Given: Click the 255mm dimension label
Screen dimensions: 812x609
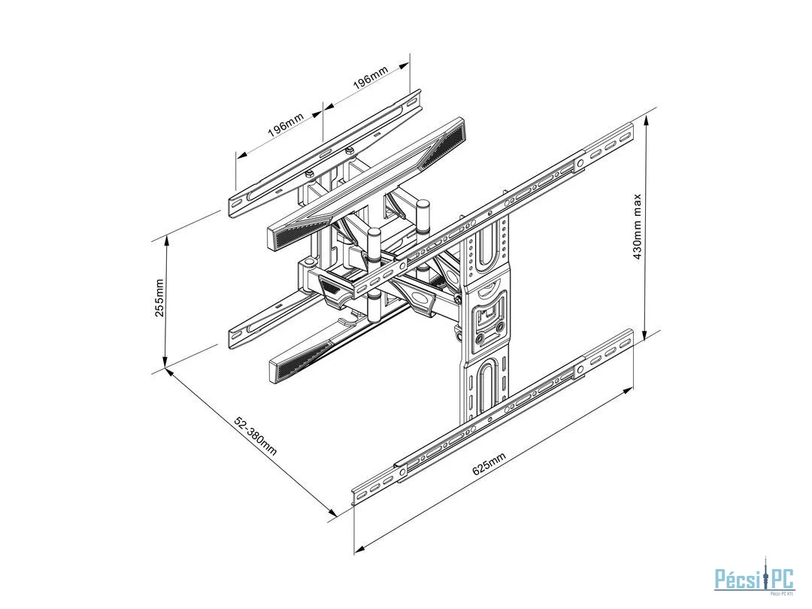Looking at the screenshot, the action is coord(159,298).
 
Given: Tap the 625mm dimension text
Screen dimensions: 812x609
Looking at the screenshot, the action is coord(489,463).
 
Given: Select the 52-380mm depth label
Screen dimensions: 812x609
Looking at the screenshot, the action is coord(256,435).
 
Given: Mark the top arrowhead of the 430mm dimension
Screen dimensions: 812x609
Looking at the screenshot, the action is coord(646,121).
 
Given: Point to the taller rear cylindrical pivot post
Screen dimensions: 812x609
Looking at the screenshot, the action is coord(423,217).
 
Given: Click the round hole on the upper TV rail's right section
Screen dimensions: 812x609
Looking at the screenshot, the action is coord(580,163).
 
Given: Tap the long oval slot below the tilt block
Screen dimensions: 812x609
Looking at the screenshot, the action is coord(487,389).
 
